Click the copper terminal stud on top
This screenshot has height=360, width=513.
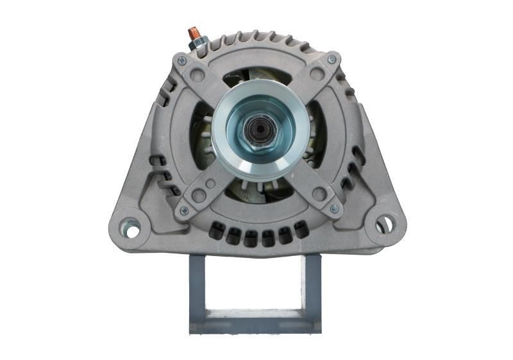click(x=193, y=33)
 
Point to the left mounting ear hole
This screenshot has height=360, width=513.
click(x=131, y=227)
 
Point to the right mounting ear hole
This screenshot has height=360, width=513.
click(x=383, y=225)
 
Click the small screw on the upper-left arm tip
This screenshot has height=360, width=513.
click(x=182, y=61)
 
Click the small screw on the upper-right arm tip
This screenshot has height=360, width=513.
click(x=332, y=60)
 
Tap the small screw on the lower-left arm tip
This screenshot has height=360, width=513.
click(x=184, y=210)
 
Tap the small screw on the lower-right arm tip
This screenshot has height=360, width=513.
click(x=333, y=208)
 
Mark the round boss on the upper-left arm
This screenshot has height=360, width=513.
click(x=199, y=76)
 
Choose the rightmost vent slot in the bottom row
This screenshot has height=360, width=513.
click(x=301, y=227)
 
